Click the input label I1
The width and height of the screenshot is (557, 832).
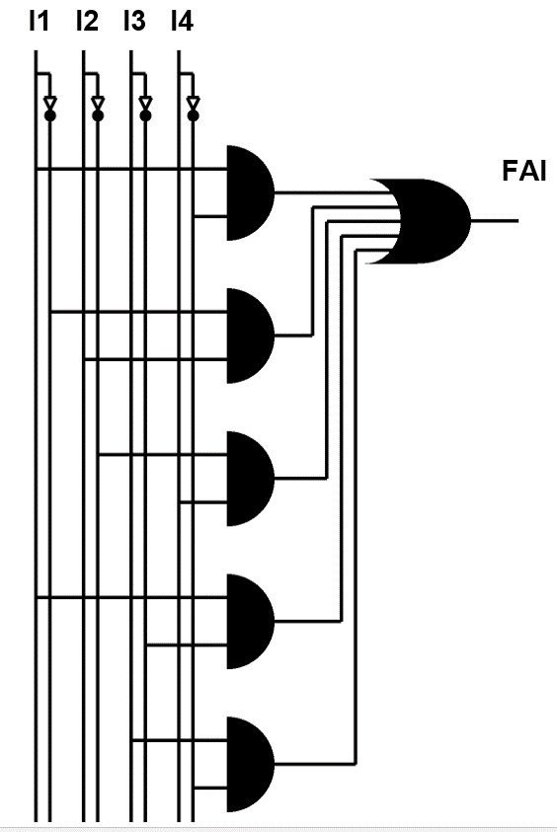tap(39, 22)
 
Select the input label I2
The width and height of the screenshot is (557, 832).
tap(87, 22)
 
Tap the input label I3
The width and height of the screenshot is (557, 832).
tap(134, 22)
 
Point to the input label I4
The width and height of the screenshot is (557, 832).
tap(182, 22)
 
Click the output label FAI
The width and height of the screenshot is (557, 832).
tap(524, 172)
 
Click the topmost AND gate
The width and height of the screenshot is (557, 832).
tap(250, 192)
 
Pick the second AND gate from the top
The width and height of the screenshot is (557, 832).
tap(250, 336)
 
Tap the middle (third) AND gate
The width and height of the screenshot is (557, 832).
tap(250, 478)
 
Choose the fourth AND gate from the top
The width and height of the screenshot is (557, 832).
tap(250, 621)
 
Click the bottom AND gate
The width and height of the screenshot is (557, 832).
tap(250, 764)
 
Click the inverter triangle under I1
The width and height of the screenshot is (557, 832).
tap(50, 103)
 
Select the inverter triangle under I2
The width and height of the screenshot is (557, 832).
tap(98, 103)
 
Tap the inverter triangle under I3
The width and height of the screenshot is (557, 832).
tap(145, 103)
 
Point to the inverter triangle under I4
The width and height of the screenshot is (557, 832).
tap(194, 103)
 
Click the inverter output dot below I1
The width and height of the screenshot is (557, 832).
tap(50, 115)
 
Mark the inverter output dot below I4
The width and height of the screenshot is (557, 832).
tap(194, 115)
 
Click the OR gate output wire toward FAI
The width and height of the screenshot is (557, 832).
tap(495, 220)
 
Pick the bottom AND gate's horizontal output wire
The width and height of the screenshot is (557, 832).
tap(315, 764)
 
